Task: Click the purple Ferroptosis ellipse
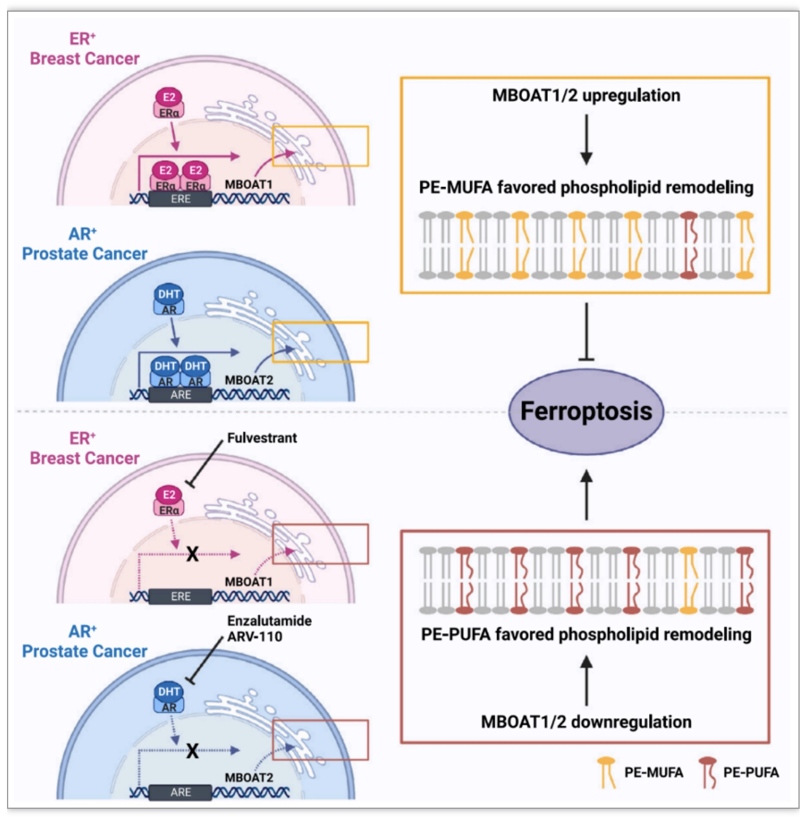586,411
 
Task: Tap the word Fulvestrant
262,438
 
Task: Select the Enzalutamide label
269,621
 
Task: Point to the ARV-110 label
255,636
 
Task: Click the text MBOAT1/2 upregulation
586,95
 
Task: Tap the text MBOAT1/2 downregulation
586,722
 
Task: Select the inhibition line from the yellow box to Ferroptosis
587,332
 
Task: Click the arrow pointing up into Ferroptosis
587,495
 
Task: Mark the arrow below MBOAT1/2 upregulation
587,139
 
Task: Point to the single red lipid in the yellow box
689,245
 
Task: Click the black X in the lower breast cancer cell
193,554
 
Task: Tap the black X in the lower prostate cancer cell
193,751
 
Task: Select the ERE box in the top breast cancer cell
180,199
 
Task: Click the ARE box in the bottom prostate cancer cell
180,792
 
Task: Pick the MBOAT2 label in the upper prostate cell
249,380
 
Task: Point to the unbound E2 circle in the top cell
169,97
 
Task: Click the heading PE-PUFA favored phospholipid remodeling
586,634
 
